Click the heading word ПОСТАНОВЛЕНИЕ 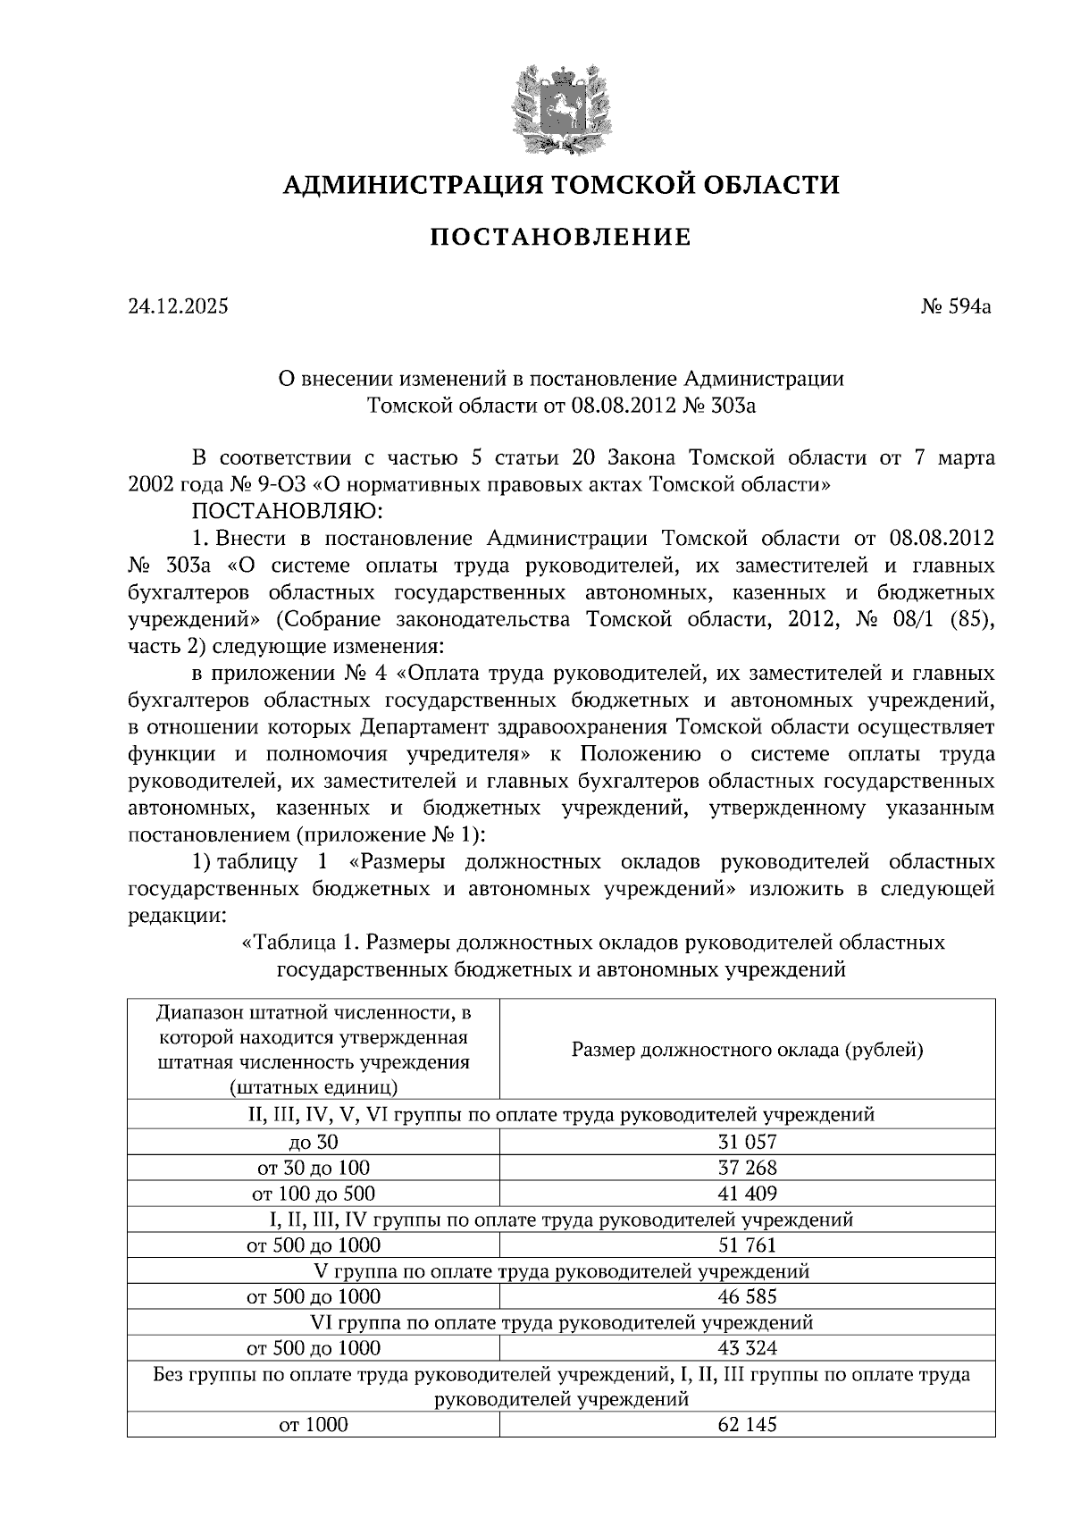click(561, 237)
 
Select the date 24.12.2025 click(178, 306)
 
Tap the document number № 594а click(958, 306)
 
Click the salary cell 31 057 click(747, 1142)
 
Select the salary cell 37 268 click(747, 1168)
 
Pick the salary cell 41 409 click(747, 1194)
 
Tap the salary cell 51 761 click(747, 1245)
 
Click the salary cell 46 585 click(747, 1296)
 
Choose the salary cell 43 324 click(747, 1348)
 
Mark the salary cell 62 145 click(747, 1425)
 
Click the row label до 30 click(313, 1142)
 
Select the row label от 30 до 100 click(313, 1168)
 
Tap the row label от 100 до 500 click(313, 1194)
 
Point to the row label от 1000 click(313, 1425)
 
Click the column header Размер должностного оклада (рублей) click(747, 1050)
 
